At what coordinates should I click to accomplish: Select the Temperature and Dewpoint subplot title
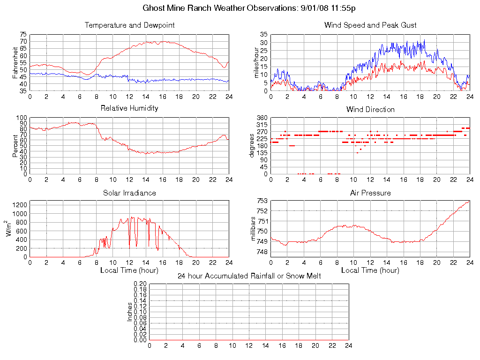[x=129, y=25]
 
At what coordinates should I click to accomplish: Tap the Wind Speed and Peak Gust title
[x=370, y=25]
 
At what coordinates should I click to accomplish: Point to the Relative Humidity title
[x=129, y=108]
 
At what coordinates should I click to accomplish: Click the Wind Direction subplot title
[x=370, y=110]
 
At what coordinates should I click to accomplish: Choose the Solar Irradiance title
[x=129, y=193]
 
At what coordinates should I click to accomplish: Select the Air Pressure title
[x=370, y=193]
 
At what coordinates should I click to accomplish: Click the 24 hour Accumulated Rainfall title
[x=249, y=276]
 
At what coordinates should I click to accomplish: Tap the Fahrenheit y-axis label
[x=15, y=63]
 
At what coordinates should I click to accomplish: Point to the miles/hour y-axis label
[x=256, y=63]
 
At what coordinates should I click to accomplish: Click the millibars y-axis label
[x=254, y=229]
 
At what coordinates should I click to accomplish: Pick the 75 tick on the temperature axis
[x=23, y=35]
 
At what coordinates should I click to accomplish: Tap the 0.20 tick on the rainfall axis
[x=140, y=284]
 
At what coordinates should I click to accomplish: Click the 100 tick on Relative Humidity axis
[x=22, y=118]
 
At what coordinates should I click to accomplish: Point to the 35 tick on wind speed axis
[x=263, y=35]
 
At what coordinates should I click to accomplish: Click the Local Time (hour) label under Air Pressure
[x=370, y=270]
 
